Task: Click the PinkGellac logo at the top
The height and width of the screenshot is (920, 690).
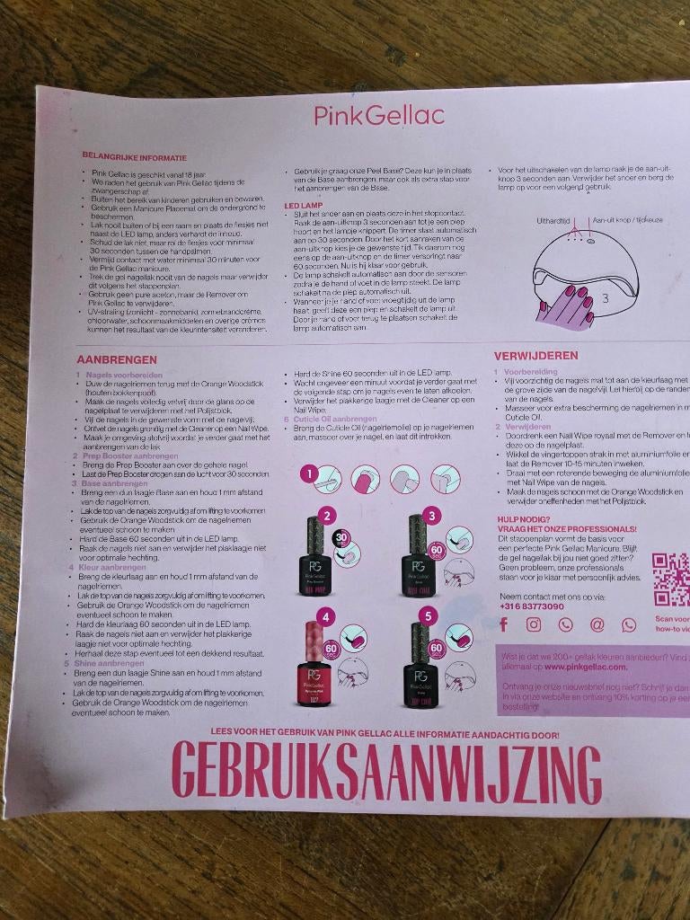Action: [378, 115]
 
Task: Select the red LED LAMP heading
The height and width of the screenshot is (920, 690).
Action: [303, 206]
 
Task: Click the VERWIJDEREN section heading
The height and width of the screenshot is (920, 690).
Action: [536, 356]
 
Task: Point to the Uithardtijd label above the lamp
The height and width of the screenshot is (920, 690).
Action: [553, 219]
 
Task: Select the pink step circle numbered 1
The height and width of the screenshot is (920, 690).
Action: [307, 472]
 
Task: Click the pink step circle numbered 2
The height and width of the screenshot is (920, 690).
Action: [328, 515]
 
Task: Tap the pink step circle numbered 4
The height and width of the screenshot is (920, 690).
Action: [328, 615]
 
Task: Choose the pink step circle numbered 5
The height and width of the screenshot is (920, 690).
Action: [429, 615]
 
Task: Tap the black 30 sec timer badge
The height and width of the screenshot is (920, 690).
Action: [341, 537]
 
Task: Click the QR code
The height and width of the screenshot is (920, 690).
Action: [670, 579]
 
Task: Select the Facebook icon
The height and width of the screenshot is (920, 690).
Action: [504, 624]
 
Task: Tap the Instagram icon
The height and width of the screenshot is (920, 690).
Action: [534, 624]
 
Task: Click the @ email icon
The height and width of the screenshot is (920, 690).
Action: [597, 624]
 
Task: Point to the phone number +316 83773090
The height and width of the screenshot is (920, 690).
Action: [531, 606]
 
